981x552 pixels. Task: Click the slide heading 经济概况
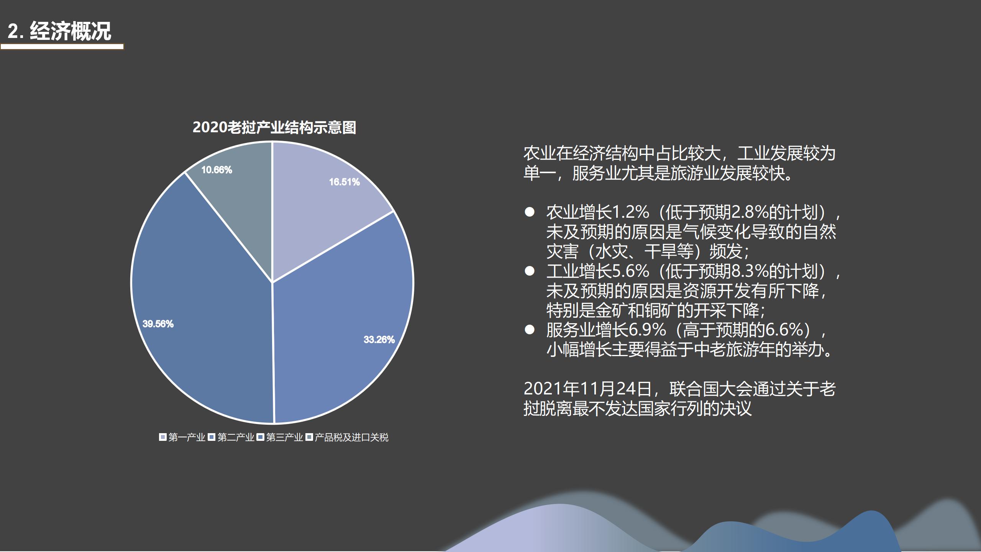tap(71, 31)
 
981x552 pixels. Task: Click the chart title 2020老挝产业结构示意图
tap(274, 127)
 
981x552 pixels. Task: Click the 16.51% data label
tap(344, 182)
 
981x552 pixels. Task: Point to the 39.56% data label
tap(158, 324)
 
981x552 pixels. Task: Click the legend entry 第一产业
tap(182, 437)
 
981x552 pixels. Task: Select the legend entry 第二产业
tap(231, 437)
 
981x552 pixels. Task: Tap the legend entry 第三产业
tap(280, 437)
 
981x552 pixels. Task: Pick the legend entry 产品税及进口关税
tap(347, 437)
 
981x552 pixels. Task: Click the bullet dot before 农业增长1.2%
tap(530, 212)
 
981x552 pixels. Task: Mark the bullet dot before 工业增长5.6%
tap(530, 271)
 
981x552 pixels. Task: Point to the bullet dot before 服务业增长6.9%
tap(530, 330)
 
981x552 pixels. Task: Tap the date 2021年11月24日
tap(588, 389)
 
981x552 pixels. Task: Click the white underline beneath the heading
tap(62, 47)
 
